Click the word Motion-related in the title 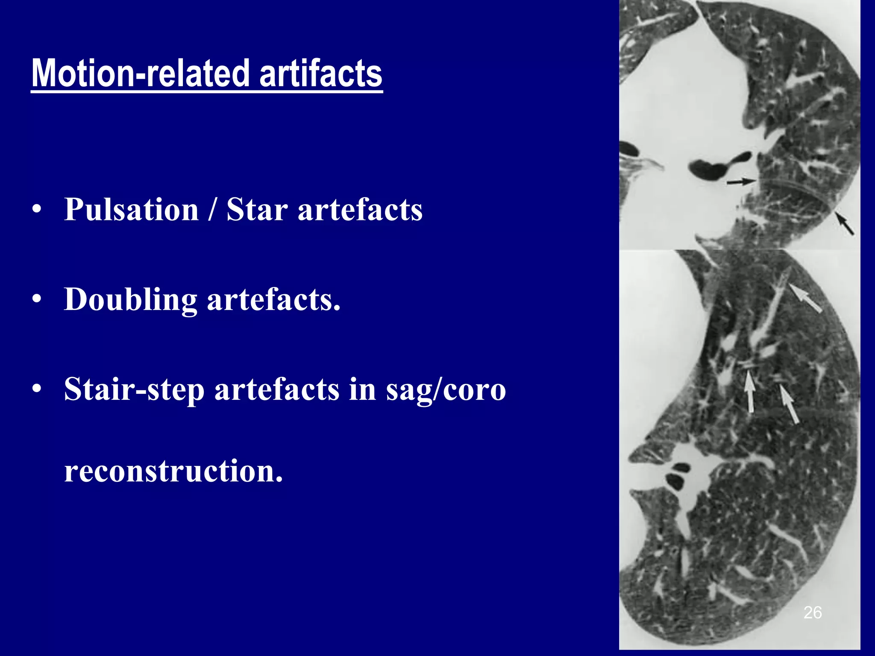[x=141, y=73]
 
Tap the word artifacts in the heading [x=321, y=73]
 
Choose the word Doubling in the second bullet [x=131, y=300]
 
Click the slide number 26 [x=813, y=612]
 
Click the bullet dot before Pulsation [x=37, y=210]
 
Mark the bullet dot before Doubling [x=37, y=299]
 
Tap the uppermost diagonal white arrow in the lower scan [x=805, y=299]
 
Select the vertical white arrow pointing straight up [x=749, y=391]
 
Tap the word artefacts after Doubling [x=273, y=299]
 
